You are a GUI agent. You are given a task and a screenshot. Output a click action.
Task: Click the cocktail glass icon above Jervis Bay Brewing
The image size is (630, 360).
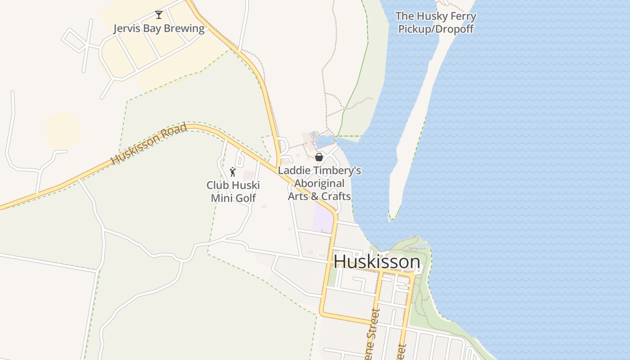click(x=158, y=15)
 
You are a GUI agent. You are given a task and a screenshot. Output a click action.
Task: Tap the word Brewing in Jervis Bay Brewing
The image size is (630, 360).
click(x=183, y=28)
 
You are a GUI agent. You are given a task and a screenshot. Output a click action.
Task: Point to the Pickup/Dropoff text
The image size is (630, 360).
click(x=436, y=29)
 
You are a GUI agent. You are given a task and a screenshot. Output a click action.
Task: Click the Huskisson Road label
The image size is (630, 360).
click(x=149, y=144)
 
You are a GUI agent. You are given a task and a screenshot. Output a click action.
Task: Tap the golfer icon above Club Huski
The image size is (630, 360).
click(x=233, y=172)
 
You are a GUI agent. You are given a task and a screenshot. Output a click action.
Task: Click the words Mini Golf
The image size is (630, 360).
click(x=233, y=198)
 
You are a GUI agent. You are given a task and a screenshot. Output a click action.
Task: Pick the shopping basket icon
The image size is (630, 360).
click(x=319, y=157)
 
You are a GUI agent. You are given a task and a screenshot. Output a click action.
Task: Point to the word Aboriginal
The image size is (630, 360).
click(x=319, y=184)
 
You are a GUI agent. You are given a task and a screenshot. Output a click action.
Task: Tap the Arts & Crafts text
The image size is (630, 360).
click(x=319, y=196)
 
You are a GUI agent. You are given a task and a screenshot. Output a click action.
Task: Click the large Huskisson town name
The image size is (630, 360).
click(x=377, y=262)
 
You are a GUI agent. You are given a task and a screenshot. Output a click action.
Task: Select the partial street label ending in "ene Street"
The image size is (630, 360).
click(x=371, y=335)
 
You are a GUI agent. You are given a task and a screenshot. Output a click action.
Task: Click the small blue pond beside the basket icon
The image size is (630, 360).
click(x=325, y=142)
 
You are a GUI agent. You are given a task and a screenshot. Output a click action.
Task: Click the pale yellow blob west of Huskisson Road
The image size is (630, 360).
click(x=63, y=130)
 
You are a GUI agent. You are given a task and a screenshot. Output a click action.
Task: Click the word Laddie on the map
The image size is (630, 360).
click(x=293, y=171)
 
